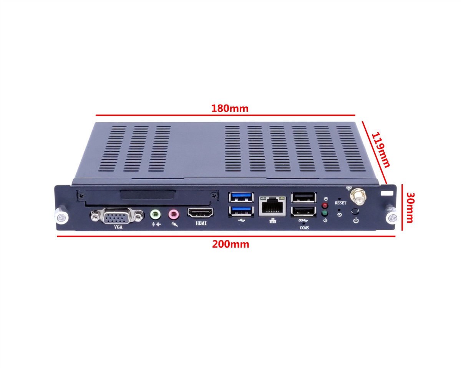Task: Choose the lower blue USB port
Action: [x=241, y=211]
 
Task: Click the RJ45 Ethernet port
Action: [x=273, y=207]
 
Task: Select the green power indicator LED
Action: [x=325, y=213]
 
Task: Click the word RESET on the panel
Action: [x=340, y=203]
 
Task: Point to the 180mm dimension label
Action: [x=230, y=108]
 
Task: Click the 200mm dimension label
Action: [x=230, y=244]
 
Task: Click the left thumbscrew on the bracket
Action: [x=61, y=217]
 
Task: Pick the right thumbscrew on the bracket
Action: [x=392, y=218]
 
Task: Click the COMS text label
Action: [x=304, y=228]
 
